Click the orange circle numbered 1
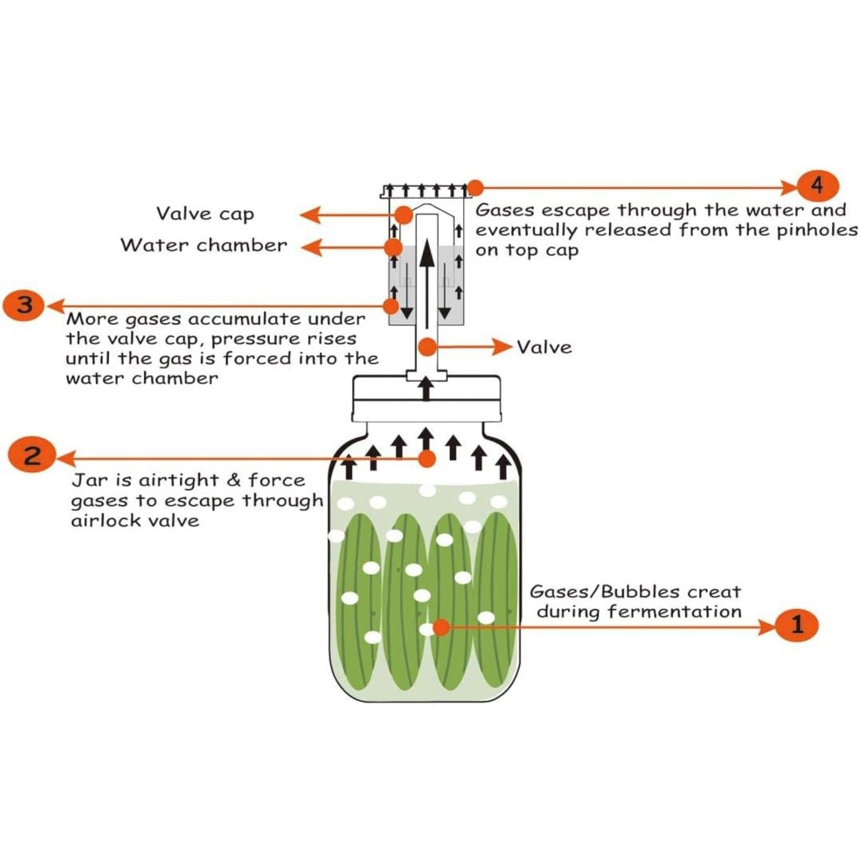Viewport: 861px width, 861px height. click(x=796, y=625)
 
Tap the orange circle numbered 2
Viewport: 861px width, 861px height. click(x=32, y=455)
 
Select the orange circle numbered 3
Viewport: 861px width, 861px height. click(x=25, y=305)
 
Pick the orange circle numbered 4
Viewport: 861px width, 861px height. click(x=817, y=186)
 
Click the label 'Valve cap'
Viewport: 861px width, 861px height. click(x=205, y=214)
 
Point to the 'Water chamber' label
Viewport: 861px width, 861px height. click(x=204, y=245)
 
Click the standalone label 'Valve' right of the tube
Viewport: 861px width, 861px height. click(x=544, y=347)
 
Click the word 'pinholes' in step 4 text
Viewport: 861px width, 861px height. click(x=817, y=230)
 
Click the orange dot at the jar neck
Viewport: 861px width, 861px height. click(x=427, y=458)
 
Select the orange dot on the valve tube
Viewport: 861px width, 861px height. click(x=427, y=347)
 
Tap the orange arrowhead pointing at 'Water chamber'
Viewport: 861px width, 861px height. click(x=311, y=248)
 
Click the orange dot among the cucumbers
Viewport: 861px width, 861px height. click(x=441, y=626)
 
